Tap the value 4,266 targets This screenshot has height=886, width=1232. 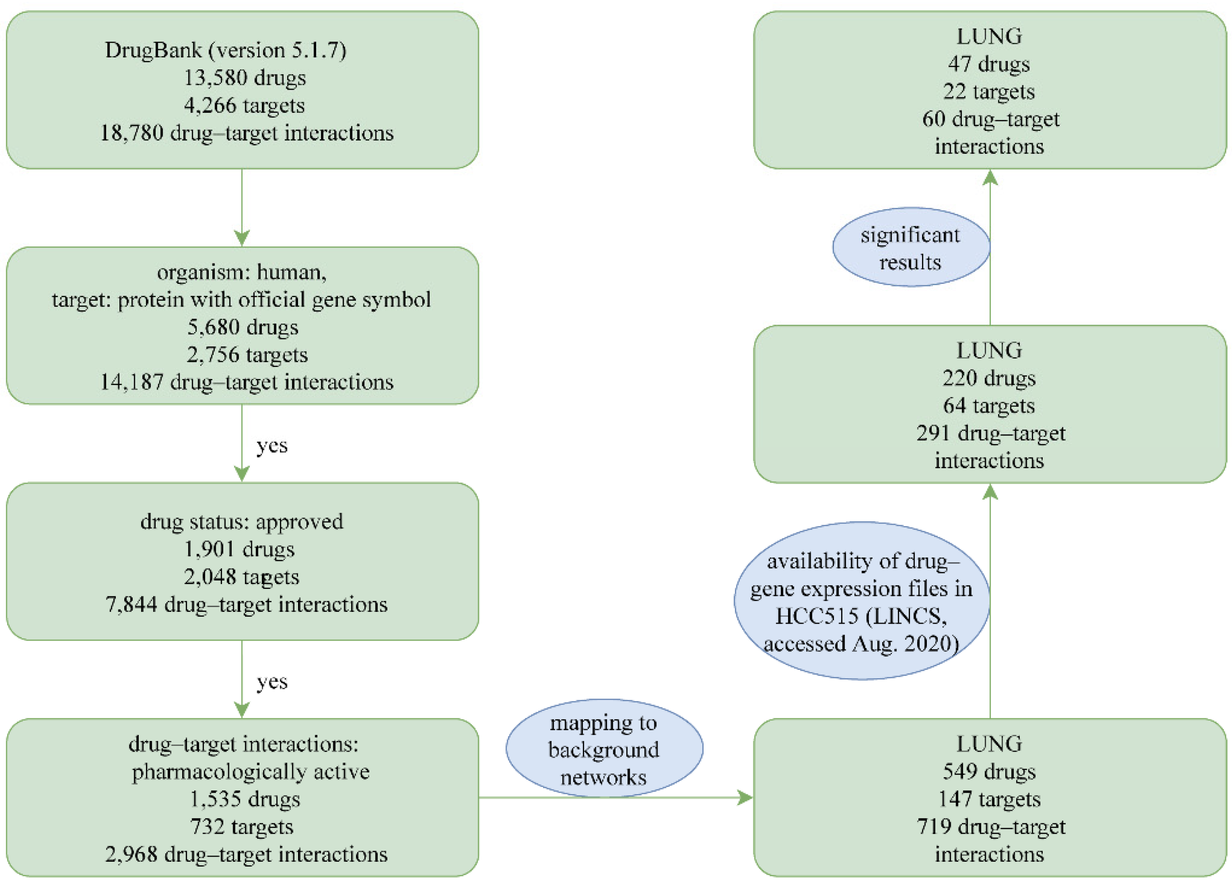tap(244, 105)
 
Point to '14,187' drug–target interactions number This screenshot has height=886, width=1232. tap(131, 382)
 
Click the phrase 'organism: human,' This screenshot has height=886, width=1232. tap(242, 271)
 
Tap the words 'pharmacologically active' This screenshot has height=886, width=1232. tap(250, 771)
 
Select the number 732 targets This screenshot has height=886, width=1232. tap(242, 826)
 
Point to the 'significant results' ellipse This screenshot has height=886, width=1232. tap(911, 248)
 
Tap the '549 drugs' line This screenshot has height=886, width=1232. tap(989, 771)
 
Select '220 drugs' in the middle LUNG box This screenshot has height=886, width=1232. tap(989, 378)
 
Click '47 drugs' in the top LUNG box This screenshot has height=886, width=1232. tap(989, 64)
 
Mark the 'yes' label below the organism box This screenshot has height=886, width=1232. tap(272, 446)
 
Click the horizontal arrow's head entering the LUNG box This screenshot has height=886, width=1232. tap(745, 798)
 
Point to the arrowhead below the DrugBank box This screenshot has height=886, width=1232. tap(242, 237)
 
